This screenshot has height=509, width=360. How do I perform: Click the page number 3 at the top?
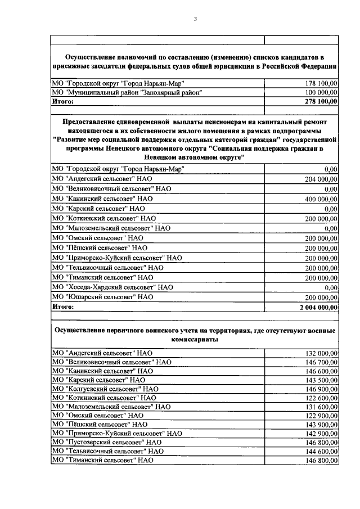(x=195, y=19)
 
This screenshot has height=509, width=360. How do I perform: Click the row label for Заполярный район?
(x=127, y=92)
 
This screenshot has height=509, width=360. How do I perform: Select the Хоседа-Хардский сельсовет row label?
(x=112, y=287)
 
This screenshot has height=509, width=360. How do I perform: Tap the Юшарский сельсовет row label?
(x=102, y=296)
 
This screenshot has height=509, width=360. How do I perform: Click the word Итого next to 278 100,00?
(x=63, y=101)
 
